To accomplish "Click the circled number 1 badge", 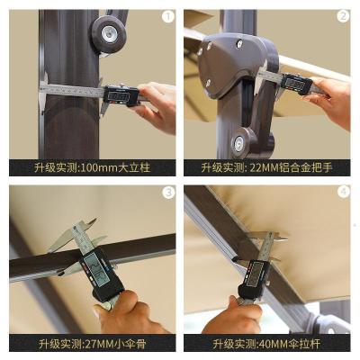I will point(166,16).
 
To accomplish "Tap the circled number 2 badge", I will point(342,16).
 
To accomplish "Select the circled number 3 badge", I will point(166,192).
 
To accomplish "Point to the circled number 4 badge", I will point(342,192).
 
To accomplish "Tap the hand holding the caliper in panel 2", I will point(333,97).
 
